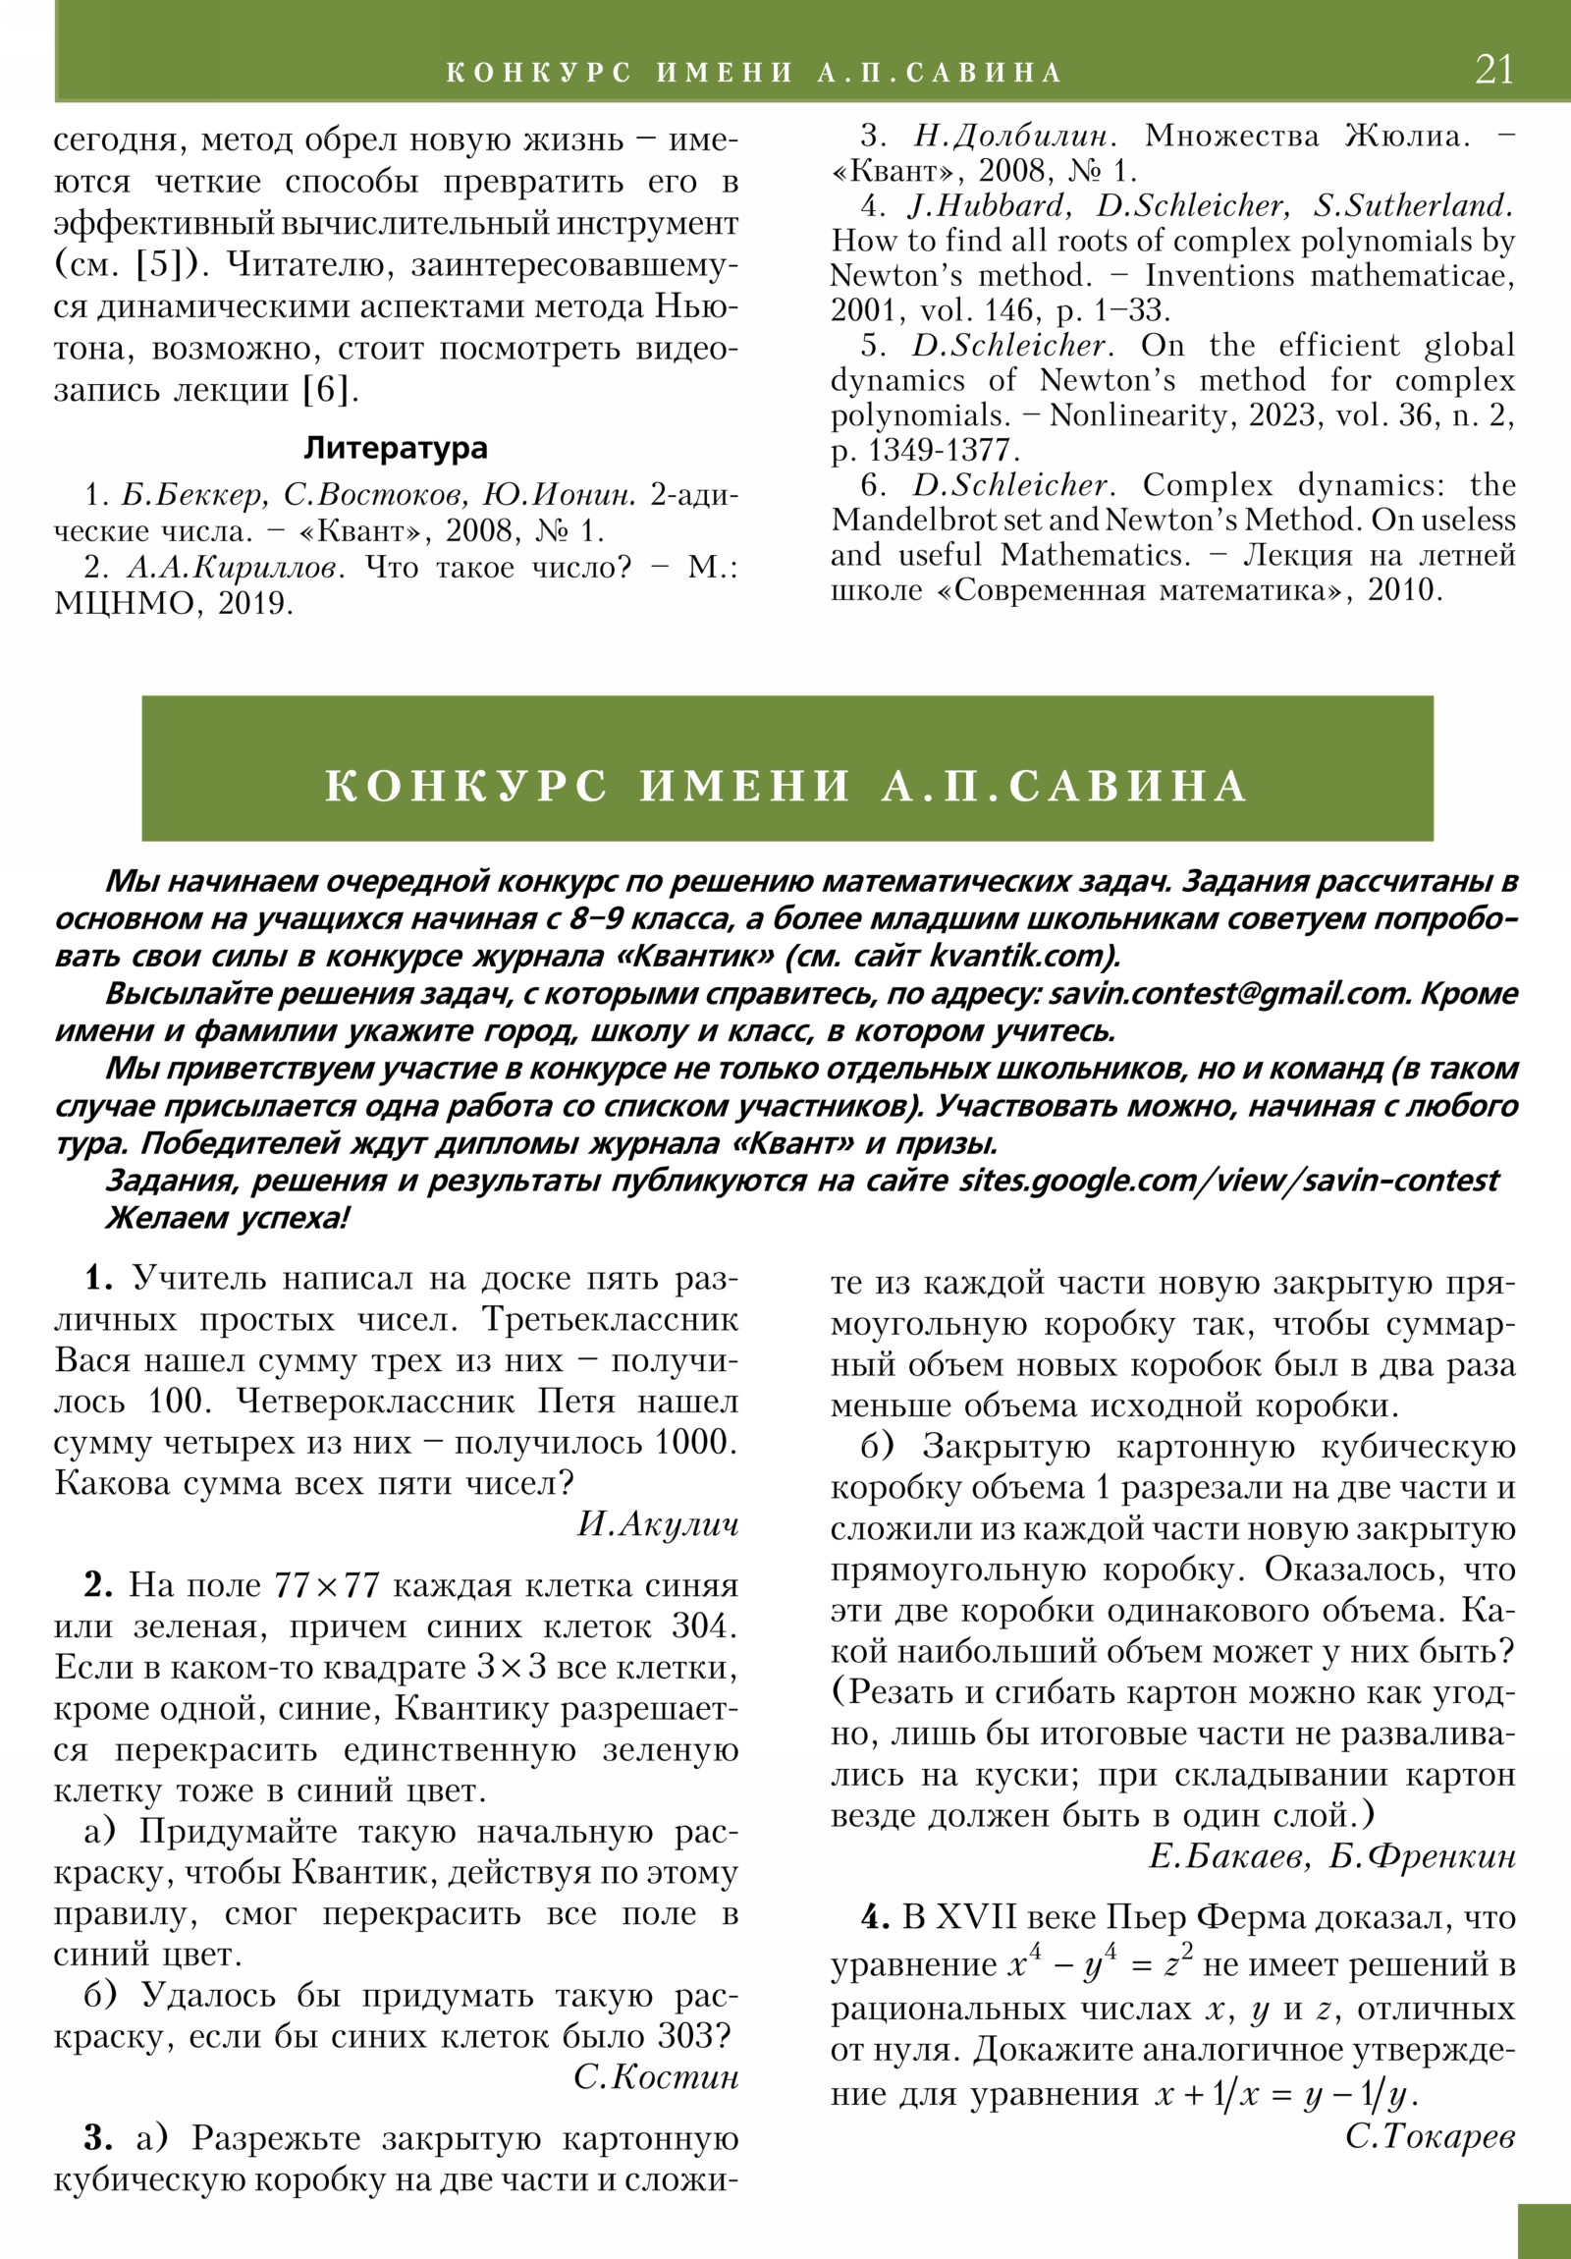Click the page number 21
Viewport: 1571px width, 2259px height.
tap(1493, 70)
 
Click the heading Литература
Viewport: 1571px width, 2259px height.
tap(396, 449)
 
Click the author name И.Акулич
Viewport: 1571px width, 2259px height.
tap(657, 1524)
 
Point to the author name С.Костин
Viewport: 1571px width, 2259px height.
tap(655, 2077)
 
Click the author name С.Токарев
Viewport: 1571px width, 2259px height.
tap(1430, 2136)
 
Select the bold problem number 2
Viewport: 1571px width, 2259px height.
tap(98, 1585)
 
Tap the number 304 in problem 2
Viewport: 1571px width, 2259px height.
tap(702, 1626)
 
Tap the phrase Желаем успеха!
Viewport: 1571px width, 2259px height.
tap(227, 1218)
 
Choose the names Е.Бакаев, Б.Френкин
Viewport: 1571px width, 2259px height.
tap(1332, 1855)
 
